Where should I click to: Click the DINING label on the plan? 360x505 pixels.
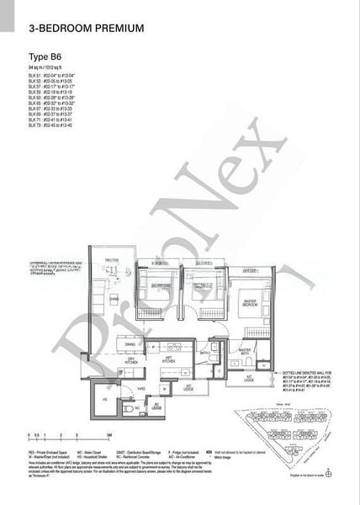[x=130, y=344]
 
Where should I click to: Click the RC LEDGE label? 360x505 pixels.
[x=157, y=409]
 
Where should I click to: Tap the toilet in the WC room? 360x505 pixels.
[x=129, y=408]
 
